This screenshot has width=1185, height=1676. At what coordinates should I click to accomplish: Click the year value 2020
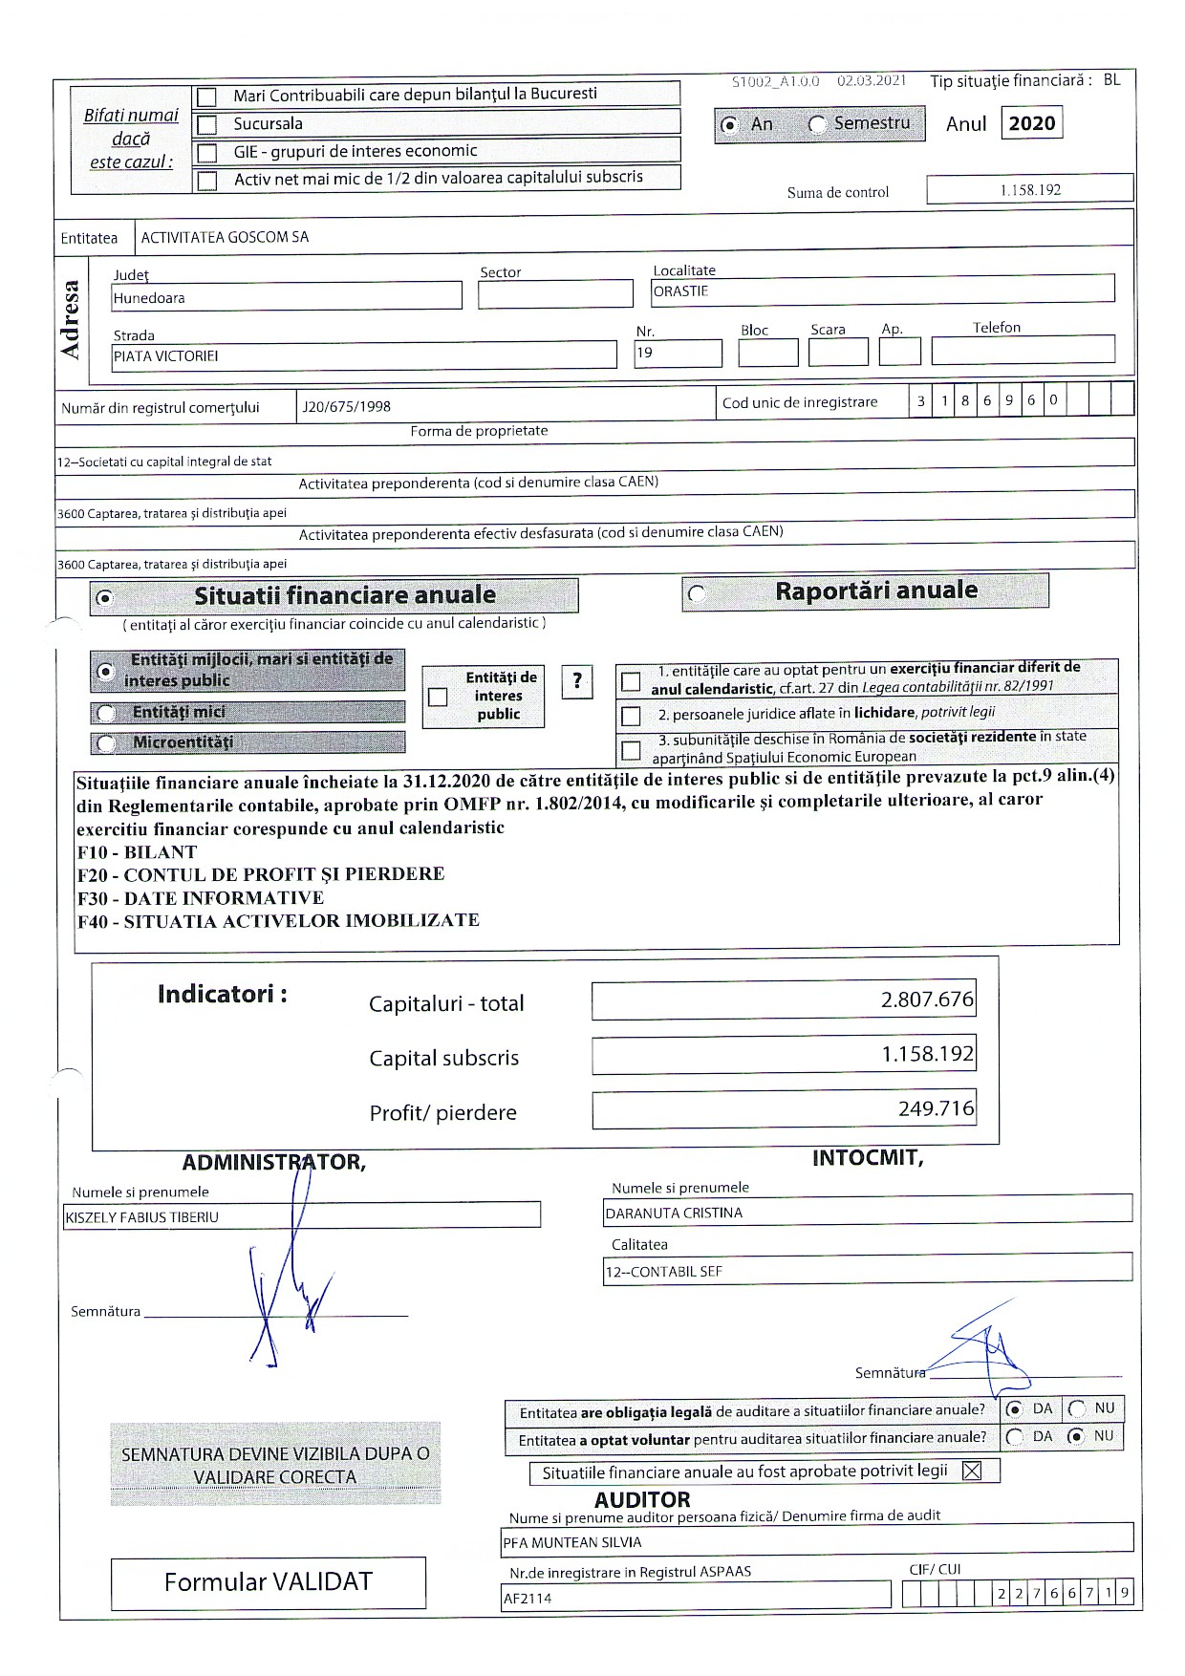[x=1031, y=123]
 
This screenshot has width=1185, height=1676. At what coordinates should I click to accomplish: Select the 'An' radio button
[x=730, y=125]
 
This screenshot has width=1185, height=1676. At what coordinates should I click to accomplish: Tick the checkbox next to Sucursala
[x=206, y=125]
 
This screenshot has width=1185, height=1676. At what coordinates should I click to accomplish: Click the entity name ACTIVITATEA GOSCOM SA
[x=225, y=237]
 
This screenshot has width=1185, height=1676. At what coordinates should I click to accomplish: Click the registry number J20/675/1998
[x=346, y=406]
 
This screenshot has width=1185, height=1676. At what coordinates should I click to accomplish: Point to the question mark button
[x=577, y=681]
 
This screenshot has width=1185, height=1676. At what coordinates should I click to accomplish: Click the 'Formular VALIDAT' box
[x=269, y=1582]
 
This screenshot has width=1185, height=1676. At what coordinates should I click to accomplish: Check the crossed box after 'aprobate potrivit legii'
[x=972, y=1471]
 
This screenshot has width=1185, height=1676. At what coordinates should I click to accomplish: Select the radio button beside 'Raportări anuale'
[x=697, y=594]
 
